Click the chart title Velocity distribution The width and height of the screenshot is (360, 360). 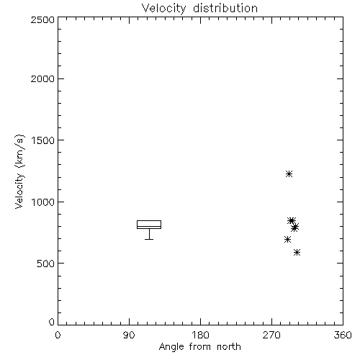click(x=199, y=9)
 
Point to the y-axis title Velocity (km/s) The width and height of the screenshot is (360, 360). click(x=19, y=171)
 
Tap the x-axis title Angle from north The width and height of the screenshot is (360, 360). click(x=199, y=347)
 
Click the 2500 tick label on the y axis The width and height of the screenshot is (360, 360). click(x=42, y=19)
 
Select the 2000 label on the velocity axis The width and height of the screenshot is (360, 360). click(x=42, y=78)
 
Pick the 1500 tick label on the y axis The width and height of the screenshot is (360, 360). click(x=43, y=140)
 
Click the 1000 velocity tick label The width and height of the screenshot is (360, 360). click(x=43, y=202)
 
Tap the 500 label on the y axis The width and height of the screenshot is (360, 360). click(x=46, y=264)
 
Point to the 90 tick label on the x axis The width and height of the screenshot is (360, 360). click(x=129, y=335)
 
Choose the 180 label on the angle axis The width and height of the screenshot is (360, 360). click(x=200, y=335)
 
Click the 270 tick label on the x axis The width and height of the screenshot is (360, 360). click(x=271, y=335)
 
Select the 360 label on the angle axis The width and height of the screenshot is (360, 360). click(x=343, y=335)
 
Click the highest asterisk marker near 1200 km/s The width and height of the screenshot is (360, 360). click(x=289, y=174)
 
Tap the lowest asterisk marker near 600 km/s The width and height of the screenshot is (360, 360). click(x=297, y=252)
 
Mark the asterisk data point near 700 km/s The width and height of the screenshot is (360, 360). click(x=287, y=239)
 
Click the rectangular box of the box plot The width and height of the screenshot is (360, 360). click(x=149, y=220)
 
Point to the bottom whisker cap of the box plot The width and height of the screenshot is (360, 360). click(x=149, y=239)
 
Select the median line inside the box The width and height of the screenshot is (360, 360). click(x=149, y=226)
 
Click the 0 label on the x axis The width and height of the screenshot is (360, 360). click(x=58, y=335)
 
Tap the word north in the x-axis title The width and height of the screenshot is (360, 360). click(x=229, y=347)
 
